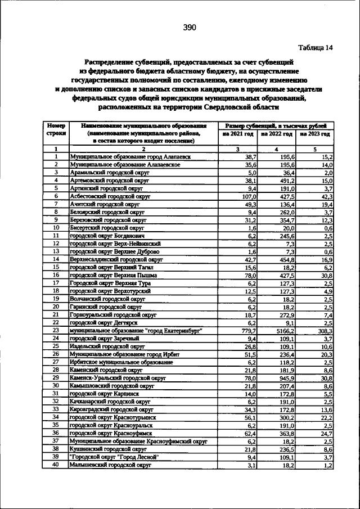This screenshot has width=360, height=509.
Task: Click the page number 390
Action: pyautogui.click(x=188, y=28)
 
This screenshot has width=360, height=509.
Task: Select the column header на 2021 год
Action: pyautogui.click(x=238, y=134)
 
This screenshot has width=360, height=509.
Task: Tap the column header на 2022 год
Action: pyautogui.click(x=276, y=134)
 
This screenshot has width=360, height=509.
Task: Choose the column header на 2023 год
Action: pyautogui.click(x=315, y=134)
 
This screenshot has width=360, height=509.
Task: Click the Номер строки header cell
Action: pyautogui.click(x=56, y=130)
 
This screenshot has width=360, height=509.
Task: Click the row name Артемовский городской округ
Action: pyautogui.click(x=108, y=181)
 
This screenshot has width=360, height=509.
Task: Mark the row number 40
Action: pyautogui.click(x=56, y=465)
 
